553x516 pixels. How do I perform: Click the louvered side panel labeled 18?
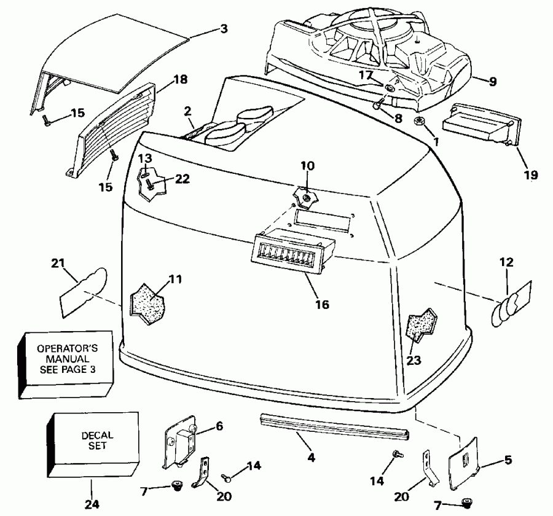(114, 129)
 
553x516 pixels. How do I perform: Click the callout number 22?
(182, 179)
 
